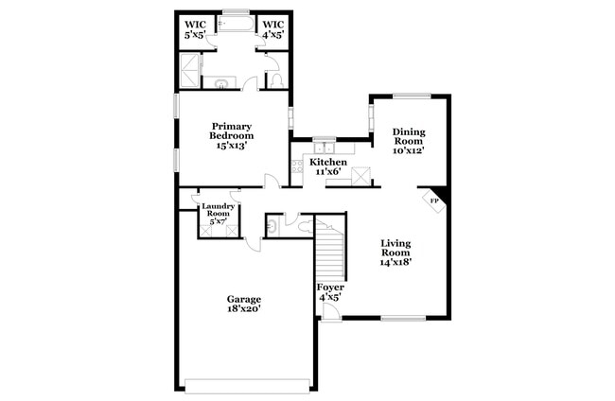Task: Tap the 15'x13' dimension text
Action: (231, 146)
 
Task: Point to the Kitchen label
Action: (328, 163)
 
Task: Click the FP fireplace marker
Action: (434, 200)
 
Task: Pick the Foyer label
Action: (329, 287)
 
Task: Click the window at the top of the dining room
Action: (411, 94)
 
